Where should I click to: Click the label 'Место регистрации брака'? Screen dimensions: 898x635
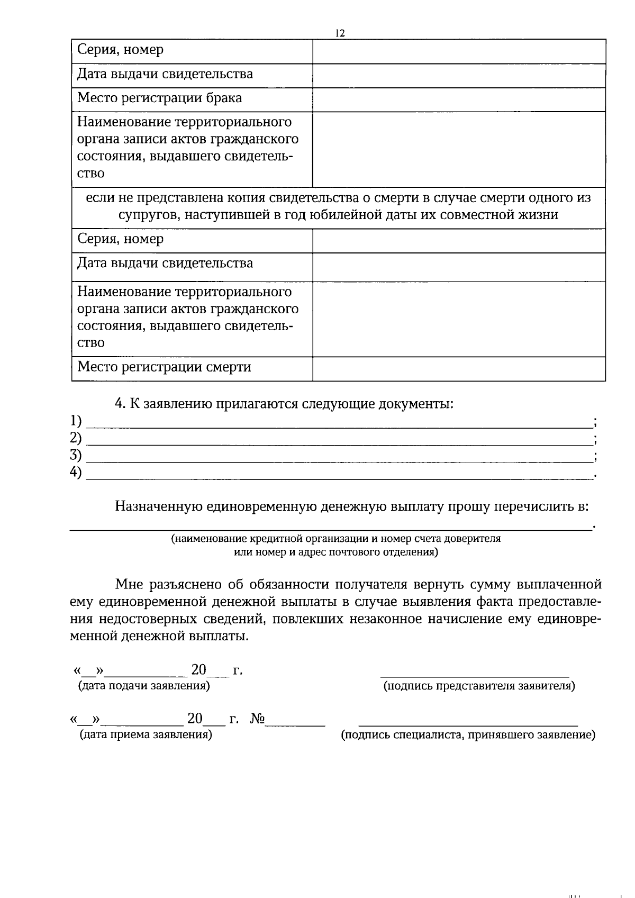click(x=159, y=98)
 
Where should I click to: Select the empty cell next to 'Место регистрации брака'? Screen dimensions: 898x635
click(x=459, y=99)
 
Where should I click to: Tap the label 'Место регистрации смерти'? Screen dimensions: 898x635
click(x=164, y=367)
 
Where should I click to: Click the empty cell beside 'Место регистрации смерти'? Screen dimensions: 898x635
click(x=459, y=369)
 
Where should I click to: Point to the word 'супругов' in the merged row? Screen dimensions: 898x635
click(x=143, y=215)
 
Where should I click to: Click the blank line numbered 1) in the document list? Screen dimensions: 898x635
click(x=339, y=422)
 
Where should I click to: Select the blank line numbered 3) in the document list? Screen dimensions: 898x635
click(x=339, y=457)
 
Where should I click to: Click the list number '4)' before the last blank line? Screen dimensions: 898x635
click(x=76, y=473)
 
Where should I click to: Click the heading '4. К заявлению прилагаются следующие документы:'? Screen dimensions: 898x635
click(x=284, y=404)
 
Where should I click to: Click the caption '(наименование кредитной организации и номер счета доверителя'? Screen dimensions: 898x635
click(x=335, y=539)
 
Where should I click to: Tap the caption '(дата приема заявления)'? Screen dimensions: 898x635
click(x=146, y=735)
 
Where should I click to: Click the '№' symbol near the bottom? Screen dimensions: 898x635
click(x=257, y=719)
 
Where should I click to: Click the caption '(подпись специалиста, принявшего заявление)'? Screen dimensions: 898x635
click(x=468, y=735)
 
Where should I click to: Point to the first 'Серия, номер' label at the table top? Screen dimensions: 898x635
click(x=120, y=50)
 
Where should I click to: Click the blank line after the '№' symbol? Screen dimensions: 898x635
click(x=295, y=723)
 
